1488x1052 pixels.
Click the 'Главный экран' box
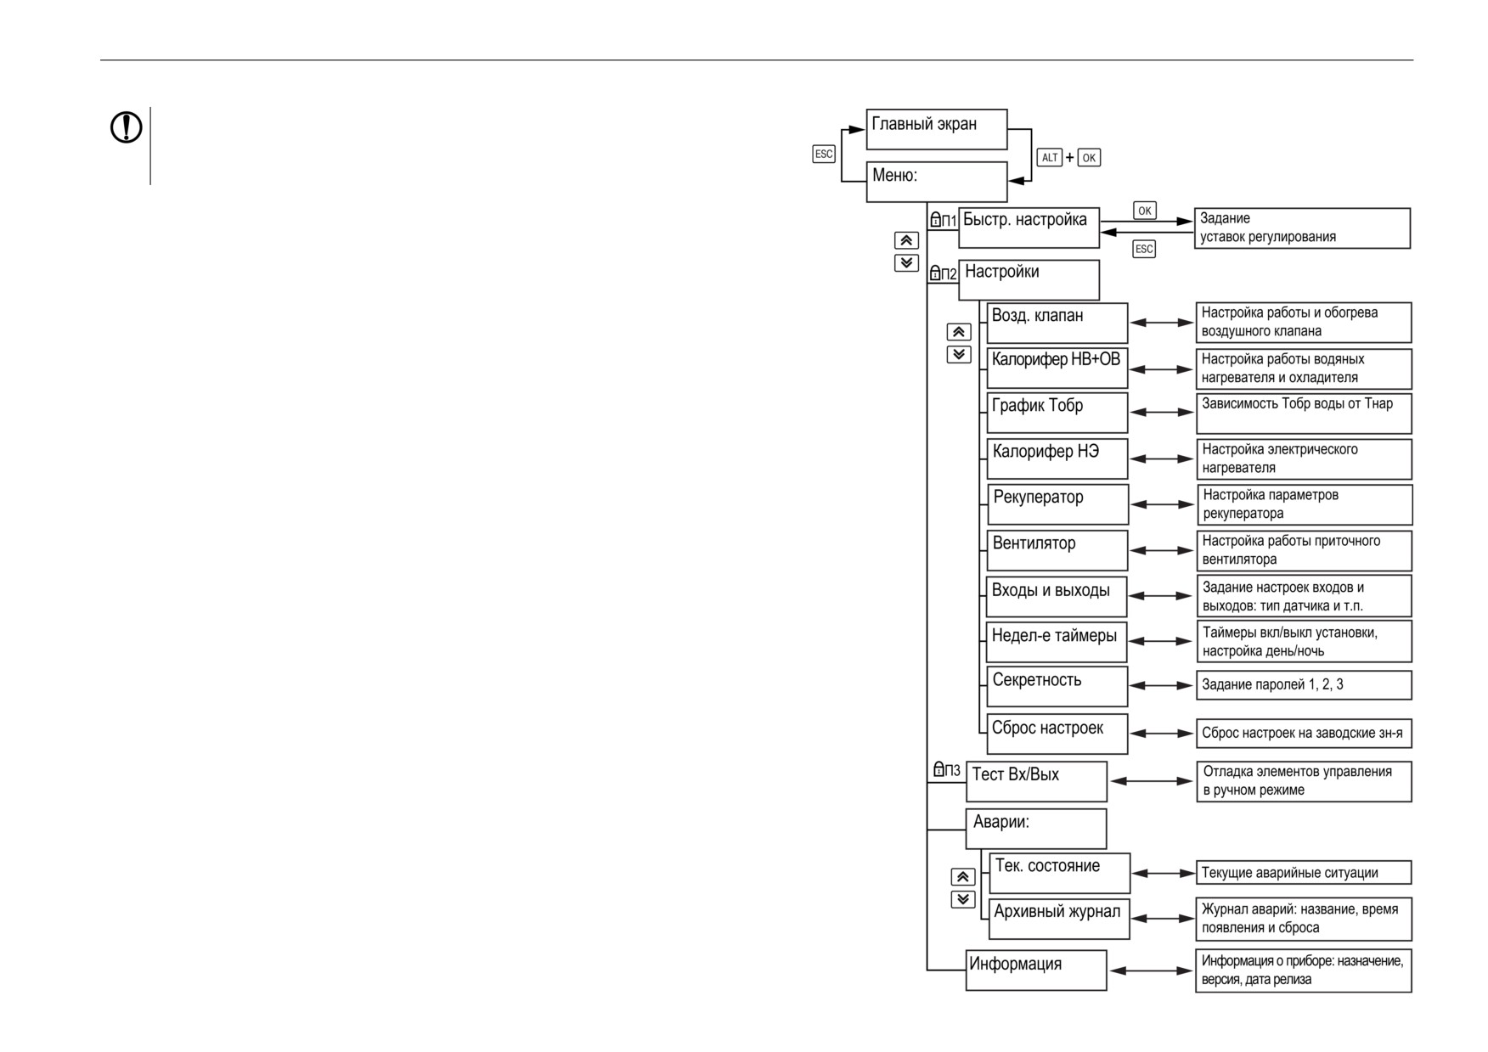[936, 129]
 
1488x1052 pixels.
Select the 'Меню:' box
[936, 182]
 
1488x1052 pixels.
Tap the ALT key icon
[1050, 157]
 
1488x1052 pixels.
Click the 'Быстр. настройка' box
[1029, 228]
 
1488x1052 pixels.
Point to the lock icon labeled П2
[935, 273]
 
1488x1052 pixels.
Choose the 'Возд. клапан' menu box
[1057, 323]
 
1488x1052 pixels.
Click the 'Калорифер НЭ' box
[1057, 458]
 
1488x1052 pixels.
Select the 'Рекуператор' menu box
[1057, 504]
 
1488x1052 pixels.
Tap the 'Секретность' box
[1057, 686]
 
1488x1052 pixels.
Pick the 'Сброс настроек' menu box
[1057, 734]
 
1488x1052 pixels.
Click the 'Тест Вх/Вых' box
[1036, 781]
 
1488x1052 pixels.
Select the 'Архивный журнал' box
[1059, 919]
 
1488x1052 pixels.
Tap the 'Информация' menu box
[1036, 970]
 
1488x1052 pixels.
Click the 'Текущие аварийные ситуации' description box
[1304, 873]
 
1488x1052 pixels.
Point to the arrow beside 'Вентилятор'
[1162, 550]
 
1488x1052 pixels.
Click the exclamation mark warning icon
[127, 127]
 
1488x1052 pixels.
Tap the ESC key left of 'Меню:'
[824, 154]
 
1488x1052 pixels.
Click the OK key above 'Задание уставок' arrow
[1145, 211]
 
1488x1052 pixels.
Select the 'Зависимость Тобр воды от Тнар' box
[1304, 413]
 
